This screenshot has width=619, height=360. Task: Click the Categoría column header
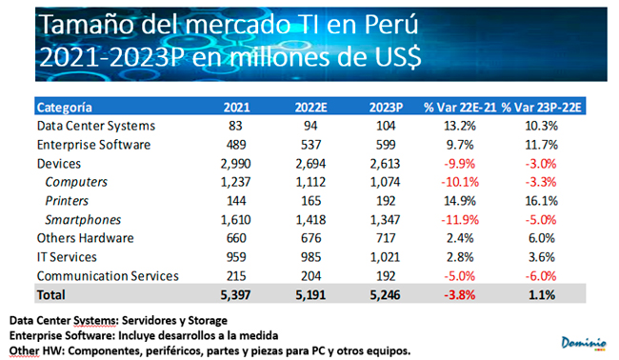[x=65, y=108]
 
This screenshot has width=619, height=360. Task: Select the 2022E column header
[x=310, y=108]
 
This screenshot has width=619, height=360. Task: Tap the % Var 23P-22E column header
[x=541, y=108]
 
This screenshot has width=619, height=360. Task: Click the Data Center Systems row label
[x=96, y=126]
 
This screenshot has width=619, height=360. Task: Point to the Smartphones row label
[x=83, y=219]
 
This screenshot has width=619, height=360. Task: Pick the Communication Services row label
[x=108, y=276]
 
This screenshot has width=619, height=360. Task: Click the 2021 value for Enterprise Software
[x=236, y=145]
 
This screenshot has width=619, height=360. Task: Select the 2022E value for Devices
[x=310, y=164]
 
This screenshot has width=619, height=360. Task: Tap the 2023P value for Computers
[x=385, y=182]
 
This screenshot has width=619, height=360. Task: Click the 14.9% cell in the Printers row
[x=460, y=201]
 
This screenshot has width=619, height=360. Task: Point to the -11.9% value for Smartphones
[x=460, y=219]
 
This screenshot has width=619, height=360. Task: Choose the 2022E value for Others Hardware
[x=310, y=238]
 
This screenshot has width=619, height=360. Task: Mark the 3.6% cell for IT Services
[x=542, y=257]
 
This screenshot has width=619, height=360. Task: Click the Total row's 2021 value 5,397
[x=235, y=295]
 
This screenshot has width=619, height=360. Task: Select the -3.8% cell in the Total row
[x=460, y=295]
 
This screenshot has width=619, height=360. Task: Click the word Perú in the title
[x=390, y=25]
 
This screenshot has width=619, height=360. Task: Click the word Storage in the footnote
[x=208, y=321]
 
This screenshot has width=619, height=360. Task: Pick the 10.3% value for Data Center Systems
[x=541, y=126]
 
